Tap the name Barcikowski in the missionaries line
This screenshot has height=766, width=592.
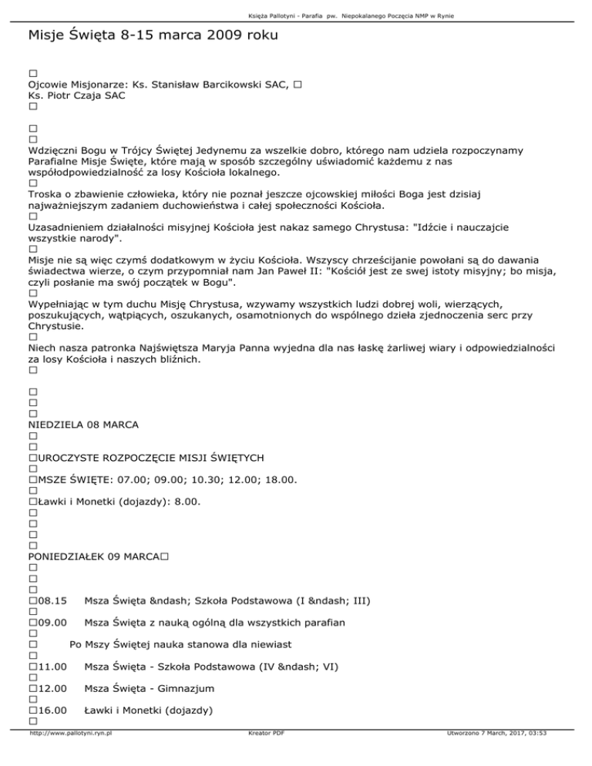pyautogui.click(x=227, y=83)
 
